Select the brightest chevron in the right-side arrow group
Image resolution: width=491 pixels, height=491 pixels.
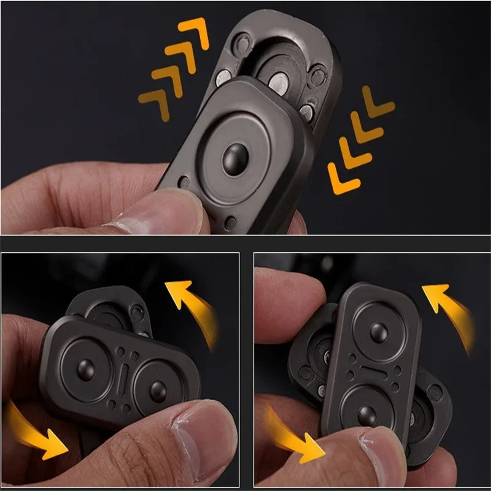click(x=339, y=176)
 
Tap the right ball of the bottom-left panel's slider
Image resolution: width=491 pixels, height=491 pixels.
click(x=158, y=390)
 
